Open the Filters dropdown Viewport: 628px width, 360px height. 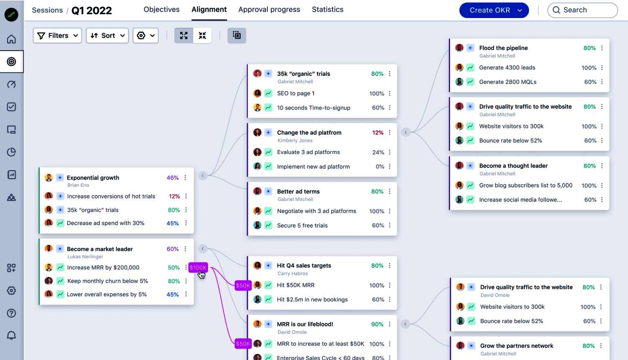click(57, 36)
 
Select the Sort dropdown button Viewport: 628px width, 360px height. click(107, 36)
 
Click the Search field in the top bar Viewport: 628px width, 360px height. click(582, 10)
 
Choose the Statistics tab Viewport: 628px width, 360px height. click(327, 9)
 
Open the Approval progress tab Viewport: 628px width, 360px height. click(269, 9)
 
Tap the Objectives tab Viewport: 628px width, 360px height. click(161, 9)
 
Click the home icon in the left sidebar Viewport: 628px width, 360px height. click(11, 39)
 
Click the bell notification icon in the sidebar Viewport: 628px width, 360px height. click(11, 335)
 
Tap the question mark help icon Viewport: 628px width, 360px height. click(11, 313)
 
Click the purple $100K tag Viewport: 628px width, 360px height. click(198, 267)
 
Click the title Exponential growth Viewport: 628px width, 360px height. click(93, 177)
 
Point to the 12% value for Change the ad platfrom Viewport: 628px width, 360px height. click(378, 133)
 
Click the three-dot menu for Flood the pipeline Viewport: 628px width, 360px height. click(602, 48)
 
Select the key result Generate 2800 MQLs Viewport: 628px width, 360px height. click(507, 82)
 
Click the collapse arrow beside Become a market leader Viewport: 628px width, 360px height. click(203, 249)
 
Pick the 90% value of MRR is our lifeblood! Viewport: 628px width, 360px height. click(377, 324)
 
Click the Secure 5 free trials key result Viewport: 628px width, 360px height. click(302, 226)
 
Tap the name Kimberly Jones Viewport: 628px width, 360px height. click(295, 141)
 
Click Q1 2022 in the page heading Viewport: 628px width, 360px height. click(92, 10)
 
